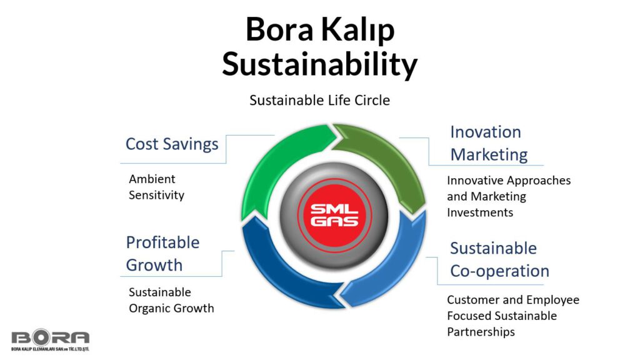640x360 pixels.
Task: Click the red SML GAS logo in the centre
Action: click(x=334, y=215)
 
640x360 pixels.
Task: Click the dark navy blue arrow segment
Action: click(x=277, y=274)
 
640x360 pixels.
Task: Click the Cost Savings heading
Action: click(x=172, y=144)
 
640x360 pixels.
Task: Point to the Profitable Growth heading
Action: click(x=162, y=254)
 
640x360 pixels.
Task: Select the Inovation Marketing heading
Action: click(x=489, y=143)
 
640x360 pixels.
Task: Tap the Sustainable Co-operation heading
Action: click(x=499, y=259)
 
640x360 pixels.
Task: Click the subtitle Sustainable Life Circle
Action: click(x=319, y=100)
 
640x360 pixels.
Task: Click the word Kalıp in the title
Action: click(x=357, y=30)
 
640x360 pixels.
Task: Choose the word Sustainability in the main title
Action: click(x=319, y=64)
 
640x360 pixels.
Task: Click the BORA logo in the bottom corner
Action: click(x=50, y=339)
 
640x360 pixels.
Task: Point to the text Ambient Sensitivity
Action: click(x=156, y=187)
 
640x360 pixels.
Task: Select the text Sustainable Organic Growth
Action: click(x=171, y=300)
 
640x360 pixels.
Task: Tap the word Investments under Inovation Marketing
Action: click(x=480, y=212)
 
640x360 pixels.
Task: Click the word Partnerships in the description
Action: click(x=481, y=332)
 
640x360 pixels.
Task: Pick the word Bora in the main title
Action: click(x=279, y=29)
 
